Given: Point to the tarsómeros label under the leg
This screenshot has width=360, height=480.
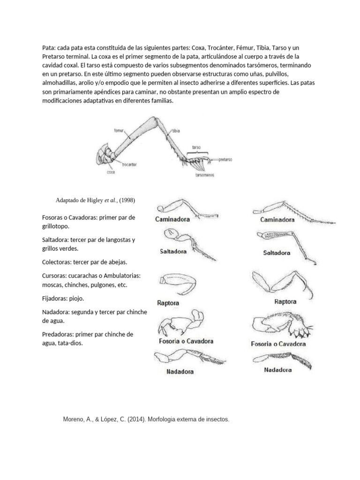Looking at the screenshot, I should [x=204, y=175].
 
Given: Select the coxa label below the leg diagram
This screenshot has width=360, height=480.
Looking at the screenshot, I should [x=111, y=172].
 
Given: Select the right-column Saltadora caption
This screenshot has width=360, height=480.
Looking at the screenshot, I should [x=276, y=253].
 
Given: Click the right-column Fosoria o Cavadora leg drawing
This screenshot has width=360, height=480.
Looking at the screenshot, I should [x=277, y=326].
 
